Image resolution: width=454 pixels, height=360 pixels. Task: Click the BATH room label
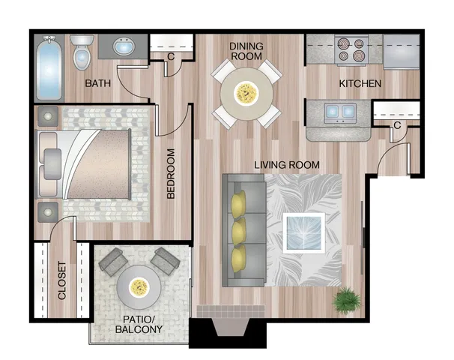98,83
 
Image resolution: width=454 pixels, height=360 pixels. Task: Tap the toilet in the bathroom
82,52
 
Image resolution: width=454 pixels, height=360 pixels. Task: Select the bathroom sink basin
124,46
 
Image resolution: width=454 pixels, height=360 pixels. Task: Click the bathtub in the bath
49,67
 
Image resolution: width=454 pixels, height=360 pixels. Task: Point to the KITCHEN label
360,84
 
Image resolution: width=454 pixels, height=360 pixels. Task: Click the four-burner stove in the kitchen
351,49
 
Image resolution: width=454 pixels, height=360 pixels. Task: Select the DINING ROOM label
246,51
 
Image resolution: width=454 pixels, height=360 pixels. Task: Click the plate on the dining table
246,93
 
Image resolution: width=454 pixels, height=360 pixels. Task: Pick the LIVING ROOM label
287,165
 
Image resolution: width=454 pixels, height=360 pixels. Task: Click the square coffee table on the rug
303,233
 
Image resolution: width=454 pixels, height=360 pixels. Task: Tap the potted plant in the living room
347,300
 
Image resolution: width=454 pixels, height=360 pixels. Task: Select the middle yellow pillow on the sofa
239,232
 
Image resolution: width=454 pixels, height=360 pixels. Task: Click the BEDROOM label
171,173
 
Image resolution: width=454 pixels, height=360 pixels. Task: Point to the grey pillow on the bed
52,164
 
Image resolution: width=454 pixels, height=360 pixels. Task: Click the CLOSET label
62,280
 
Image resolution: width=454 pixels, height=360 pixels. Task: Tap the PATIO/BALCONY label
139,324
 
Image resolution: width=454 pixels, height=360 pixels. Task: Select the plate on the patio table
139,287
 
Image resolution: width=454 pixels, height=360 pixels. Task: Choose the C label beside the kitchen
397,125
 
